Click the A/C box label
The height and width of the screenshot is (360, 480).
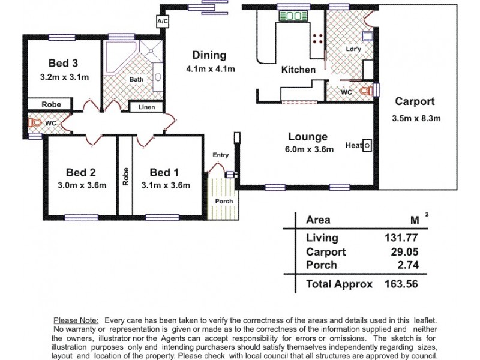pyautogui.click(x=161, y=22)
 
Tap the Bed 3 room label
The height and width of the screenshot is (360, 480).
pyautogui.click(x=63, y=63)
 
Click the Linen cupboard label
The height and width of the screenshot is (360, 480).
pyautogui.click(x=147, y=107)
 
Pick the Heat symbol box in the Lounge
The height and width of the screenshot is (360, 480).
pyautogui.click(x=368, y=145)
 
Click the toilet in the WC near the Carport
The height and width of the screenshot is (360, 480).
pyautogui.click(x=366, y=91)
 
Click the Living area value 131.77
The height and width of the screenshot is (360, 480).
pyautogui.click(x=400, y=238)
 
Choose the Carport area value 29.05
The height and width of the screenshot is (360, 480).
pyautogui.click(x=404, y=252)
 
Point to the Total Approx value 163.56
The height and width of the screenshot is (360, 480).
pyautogui.click(x=400, y=284)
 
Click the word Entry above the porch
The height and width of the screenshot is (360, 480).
pyautogui.click(x=220, y=155)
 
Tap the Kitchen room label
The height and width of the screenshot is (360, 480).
pyautogui.click(x=298, y=70)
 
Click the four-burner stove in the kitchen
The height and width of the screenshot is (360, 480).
pyautogui.click(x=317, y=39)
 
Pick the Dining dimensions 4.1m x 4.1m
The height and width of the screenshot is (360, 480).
pyautogui.click(x=210, y=69)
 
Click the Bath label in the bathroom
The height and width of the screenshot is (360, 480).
pyautogui.click(x=136, y=79)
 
